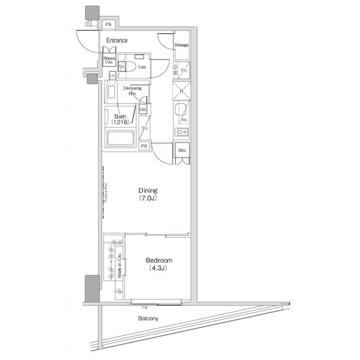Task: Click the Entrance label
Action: pos(117,40)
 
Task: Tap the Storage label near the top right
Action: pos(181,45)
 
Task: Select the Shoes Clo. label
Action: pos(109,60)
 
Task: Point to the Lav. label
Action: pos(143,66)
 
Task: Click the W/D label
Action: pos(175,71)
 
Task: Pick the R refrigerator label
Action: pos(181,91)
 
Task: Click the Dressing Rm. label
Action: pos(132,91)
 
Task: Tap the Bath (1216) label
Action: pos(120,119)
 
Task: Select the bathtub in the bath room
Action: pos(120,138)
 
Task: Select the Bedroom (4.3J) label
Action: pos(159,264)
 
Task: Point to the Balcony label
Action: pos(148,319)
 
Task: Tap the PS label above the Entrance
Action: pos(109,24)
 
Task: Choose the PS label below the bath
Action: pos(144,146)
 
